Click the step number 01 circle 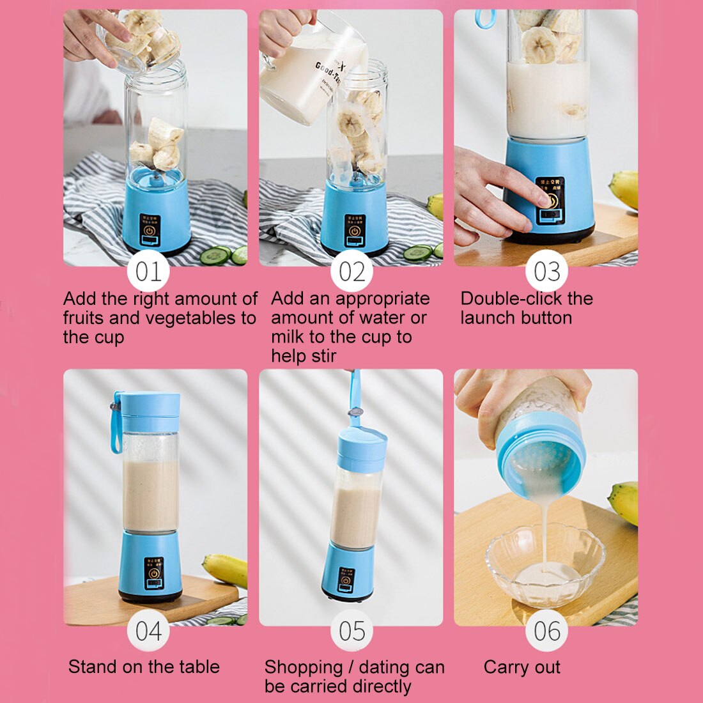148,272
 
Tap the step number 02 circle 351,272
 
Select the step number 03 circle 547,272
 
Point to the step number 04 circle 148,631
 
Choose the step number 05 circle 351,631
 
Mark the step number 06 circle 547,631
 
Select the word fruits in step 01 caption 83,318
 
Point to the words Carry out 521,667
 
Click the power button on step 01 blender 150,230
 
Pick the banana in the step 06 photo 625,502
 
